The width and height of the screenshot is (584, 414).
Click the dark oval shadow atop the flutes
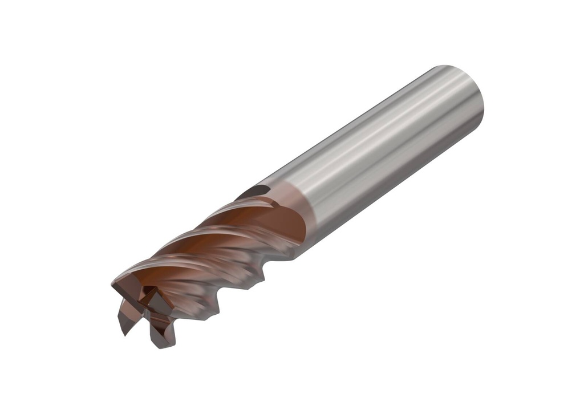251,193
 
